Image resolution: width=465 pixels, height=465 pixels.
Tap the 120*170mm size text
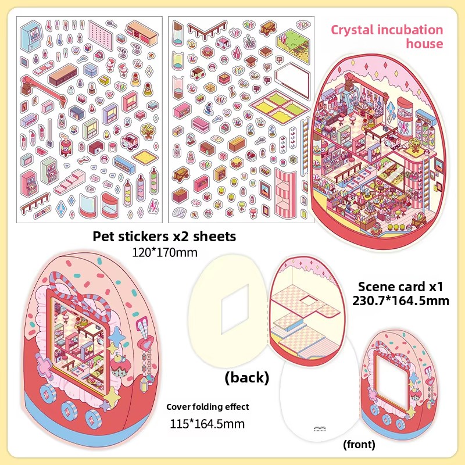click(164, 252)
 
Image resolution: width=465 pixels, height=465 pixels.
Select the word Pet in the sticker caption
click(103, 237)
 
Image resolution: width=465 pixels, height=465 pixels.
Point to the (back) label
click(246, 377)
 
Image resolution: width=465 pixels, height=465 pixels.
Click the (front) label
click(359, 444)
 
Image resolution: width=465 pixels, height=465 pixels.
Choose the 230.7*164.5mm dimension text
click(400, 301)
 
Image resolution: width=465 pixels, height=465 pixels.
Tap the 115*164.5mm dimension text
click(208, 424)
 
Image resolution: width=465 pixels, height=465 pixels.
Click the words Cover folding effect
click(208, 407)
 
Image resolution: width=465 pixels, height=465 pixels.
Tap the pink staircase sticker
click(70, 181)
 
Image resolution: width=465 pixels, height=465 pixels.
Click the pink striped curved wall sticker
click(285, 193)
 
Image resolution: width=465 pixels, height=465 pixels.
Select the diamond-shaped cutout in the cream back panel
click(235, 309)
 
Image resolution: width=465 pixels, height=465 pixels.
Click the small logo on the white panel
click(319, 428)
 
